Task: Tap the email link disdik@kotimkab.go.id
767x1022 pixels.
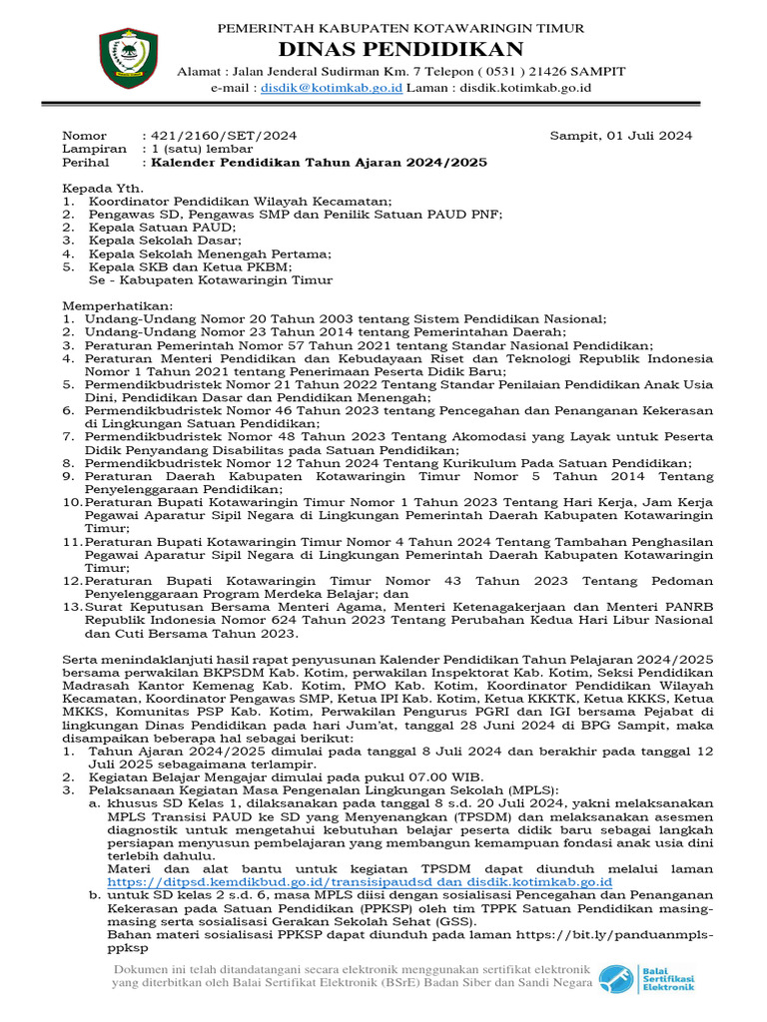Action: tap(332, 88)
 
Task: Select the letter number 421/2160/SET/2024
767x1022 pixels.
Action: tap(221, 136)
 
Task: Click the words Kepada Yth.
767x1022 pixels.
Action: tap(103, 188)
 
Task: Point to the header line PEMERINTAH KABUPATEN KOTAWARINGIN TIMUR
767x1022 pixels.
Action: tap(400, 28)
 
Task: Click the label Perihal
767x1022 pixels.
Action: tap(85, 162)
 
